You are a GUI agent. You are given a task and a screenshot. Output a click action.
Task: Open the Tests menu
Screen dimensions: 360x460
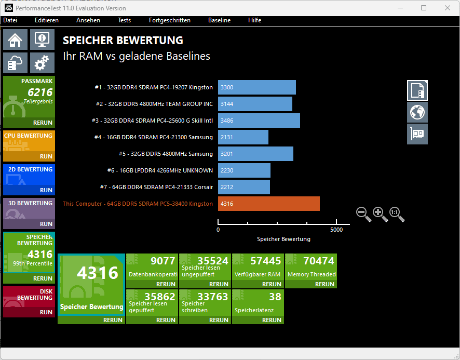pyautogui.click(x=124, y=20)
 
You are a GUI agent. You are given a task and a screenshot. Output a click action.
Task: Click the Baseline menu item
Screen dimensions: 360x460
pyautogui.click(x=219, y=20)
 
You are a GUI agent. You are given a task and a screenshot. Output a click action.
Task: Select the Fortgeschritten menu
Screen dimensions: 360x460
pyautogui.click(x=169, y=20)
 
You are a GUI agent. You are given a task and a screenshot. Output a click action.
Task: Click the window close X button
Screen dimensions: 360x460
pyautogui.click(x=447, y=8)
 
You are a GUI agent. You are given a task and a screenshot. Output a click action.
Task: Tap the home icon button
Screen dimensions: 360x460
pyautogui.click(x=16, y=39)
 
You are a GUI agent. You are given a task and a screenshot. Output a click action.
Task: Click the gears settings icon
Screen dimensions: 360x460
pyautogui.click(x=42, y=63)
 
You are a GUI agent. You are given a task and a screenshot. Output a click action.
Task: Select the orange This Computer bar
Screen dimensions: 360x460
pyautogui.click(x=268, y=204)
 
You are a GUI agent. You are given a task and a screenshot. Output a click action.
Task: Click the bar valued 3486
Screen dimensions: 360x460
pyautogui.click(x=259, y=121)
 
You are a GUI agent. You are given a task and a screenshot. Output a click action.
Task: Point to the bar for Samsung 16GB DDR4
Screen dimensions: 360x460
pyautogui.click(x=243, y=137)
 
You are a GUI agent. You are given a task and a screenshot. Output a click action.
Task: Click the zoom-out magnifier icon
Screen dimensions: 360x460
pyautogui.click(x=363, y=213)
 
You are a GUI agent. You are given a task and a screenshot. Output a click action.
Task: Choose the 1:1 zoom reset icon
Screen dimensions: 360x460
pyautogui.click(x=396, y=213)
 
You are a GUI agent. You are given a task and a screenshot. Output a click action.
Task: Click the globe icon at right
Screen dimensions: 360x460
pyautogui.click(x=417, y=112)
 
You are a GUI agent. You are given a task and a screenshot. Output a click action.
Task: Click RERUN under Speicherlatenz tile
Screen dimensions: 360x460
pyautogui.click(x=272, y=320)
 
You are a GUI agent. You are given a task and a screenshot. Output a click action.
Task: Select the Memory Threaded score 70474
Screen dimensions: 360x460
pyautogui.click(x=318, y=261)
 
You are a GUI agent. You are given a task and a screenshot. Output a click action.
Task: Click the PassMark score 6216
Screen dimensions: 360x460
pyautogui.click(x=40, y=92)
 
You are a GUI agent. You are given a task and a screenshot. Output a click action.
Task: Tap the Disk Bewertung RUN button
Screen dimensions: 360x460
pyautogui.click(x=46, y=312)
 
